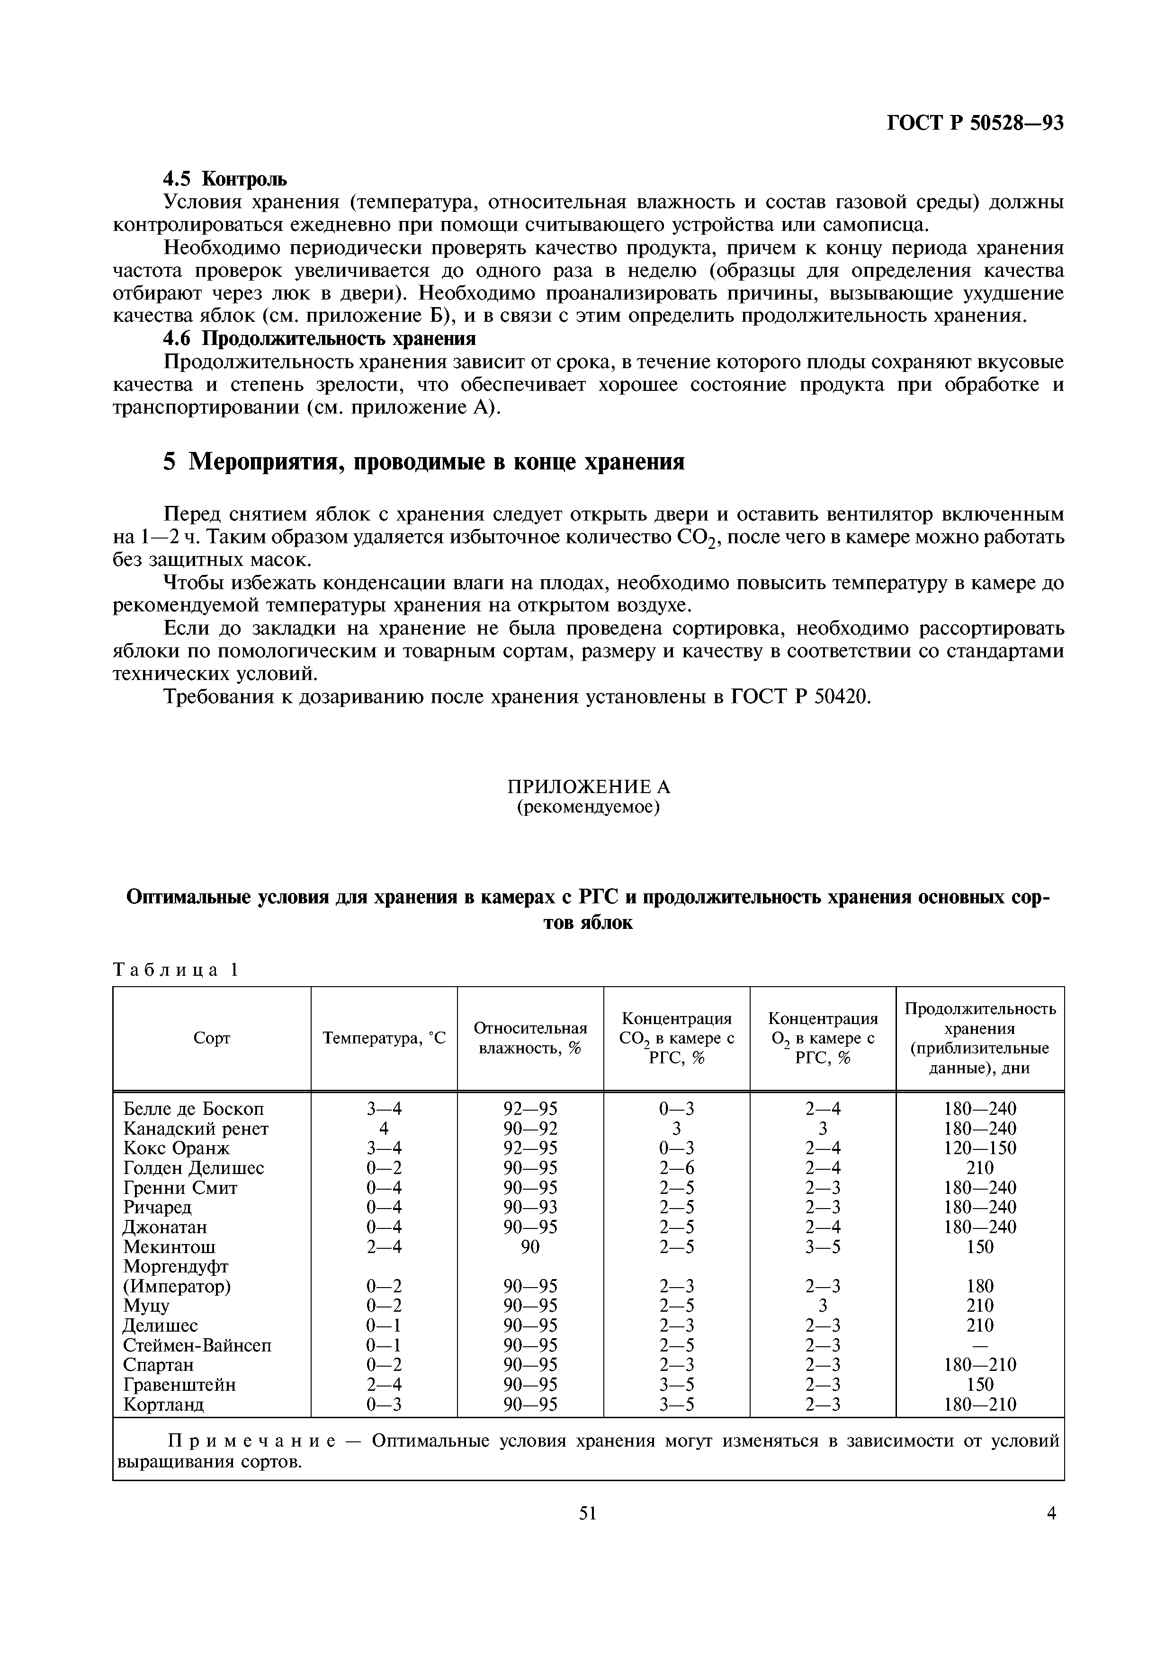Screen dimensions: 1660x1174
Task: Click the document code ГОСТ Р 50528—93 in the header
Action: pos(975,124)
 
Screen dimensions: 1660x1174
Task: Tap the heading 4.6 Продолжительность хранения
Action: pos(319,338)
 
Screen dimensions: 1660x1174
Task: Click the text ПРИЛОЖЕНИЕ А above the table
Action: pos(587,786)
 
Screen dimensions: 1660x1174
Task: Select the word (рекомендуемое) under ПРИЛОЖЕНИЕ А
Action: pos(587,807)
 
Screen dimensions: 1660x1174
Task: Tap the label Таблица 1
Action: pos(175,970)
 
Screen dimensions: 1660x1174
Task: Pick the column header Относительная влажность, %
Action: pos(530,1037)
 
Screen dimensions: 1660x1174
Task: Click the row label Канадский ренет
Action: pos(196,1129)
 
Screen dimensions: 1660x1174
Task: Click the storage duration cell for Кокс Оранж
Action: pos(980,1148)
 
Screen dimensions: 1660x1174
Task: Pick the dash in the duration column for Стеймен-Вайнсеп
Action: pos(980,1345)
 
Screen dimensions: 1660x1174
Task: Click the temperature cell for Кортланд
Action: pos(384,1405)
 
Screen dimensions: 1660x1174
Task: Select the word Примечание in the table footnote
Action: pos(252,1441)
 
